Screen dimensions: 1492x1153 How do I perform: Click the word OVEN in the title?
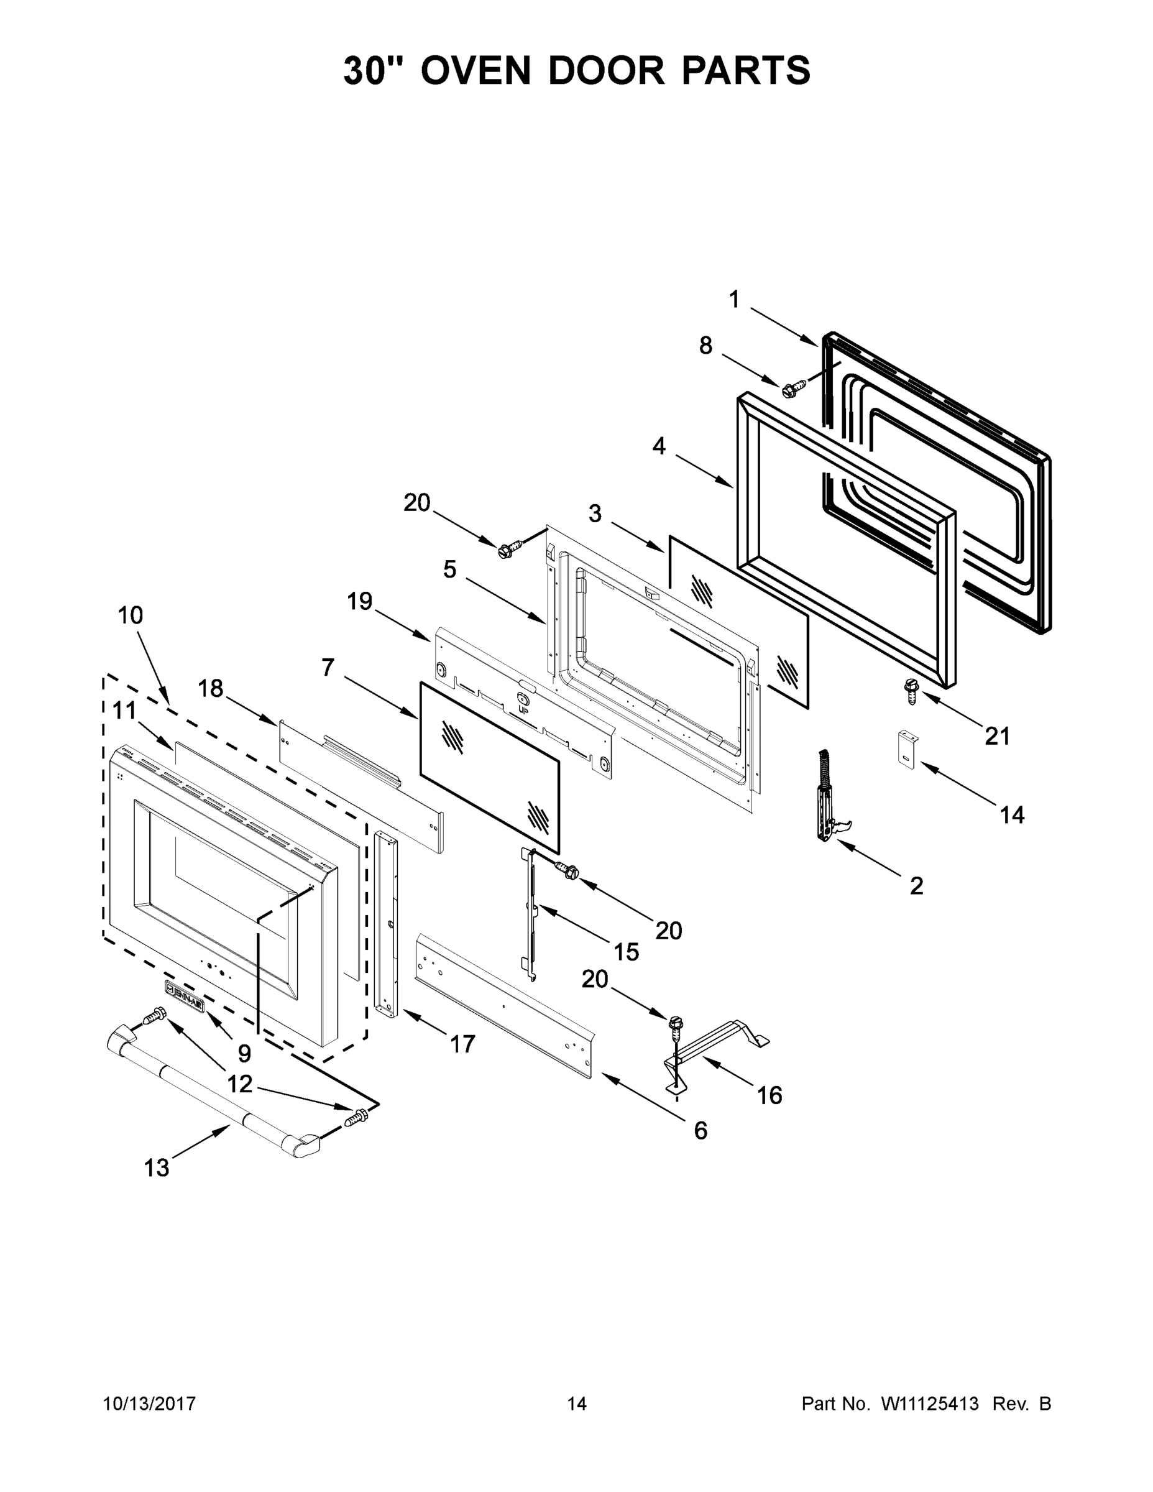tap(475, 70)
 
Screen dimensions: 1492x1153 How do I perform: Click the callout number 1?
tap(734, 299)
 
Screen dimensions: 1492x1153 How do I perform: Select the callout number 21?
tap(996, 736)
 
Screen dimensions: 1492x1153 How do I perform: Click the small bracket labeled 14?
tap(906, 749)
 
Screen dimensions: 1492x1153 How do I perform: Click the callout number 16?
tap(769, 1095)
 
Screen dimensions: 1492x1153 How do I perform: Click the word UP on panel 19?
tap(523, 711)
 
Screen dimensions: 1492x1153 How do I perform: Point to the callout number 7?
tap(328, 667)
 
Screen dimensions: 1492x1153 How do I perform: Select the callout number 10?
tap(131, 615)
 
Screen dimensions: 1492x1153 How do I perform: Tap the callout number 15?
tap(627, 952)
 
